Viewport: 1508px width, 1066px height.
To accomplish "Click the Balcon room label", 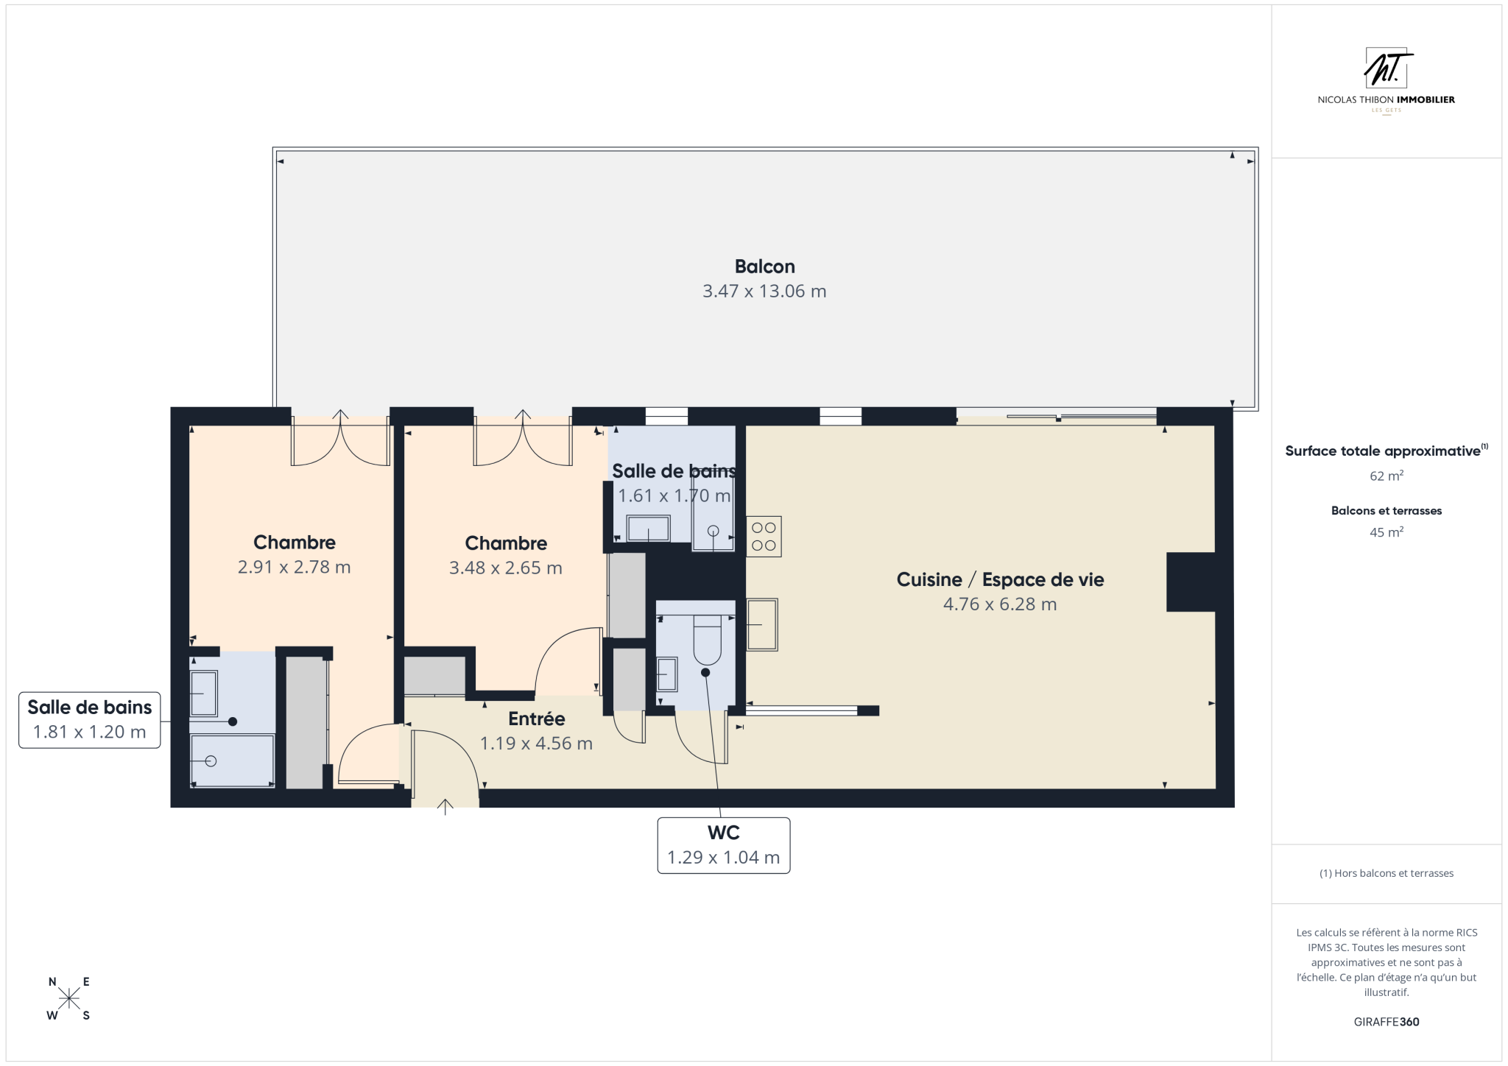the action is (x=764, y=266).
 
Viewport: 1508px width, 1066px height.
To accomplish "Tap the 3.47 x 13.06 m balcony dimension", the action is (x=764, y=292).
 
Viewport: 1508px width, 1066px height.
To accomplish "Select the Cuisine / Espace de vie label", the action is (x=1000, y=579).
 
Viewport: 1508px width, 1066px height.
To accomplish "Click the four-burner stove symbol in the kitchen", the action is (x=764, y=537).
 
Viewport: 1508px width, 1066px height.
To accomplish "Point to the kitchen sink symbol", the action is (x=762, y=624).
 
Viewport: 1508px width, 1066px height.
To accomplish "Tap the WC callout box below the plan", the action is (x=724, y=845).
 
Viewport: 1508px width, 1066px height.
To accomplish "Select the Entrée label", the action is (x=537, y=719).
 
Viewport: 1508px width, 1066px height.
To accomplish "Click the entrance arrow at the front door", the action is (x=445, y=807).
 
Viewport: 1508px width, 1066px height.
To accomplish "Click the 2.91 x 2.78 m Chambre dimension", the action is (x=295, y=568).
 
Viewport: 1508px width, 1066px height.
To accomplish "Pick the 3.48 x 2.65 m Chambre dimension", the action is (x=506, y=568).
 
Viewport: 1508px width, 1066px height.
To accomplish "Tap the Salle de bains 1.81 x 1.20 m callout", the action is (x=90, y=720).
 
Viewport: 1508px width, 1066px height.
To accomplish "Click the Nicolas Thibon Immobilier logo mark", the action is (x=1387, y=68).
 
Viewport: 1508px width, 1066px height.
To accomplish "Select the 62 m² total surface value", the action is (x=1387, y=476).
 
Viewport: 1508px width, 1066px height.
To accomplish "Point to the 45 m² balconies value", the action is (x=1387, y=532).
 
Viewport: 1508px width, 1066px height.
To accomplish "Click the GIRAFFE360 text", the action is (x=1387, y=1022).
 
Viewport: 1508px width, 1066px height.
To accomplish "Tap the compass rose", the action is (x=69, y=998).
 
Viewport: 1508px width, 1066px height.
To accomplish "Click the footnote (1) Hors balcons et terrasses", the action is (x=1387, y=873).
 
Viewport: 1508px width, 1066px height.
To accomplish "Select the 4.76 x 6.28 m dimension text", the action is (x=1000, y=604).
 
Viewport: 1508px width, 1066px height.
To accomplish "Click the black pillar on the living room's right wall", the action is (x=1191, y=582).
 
